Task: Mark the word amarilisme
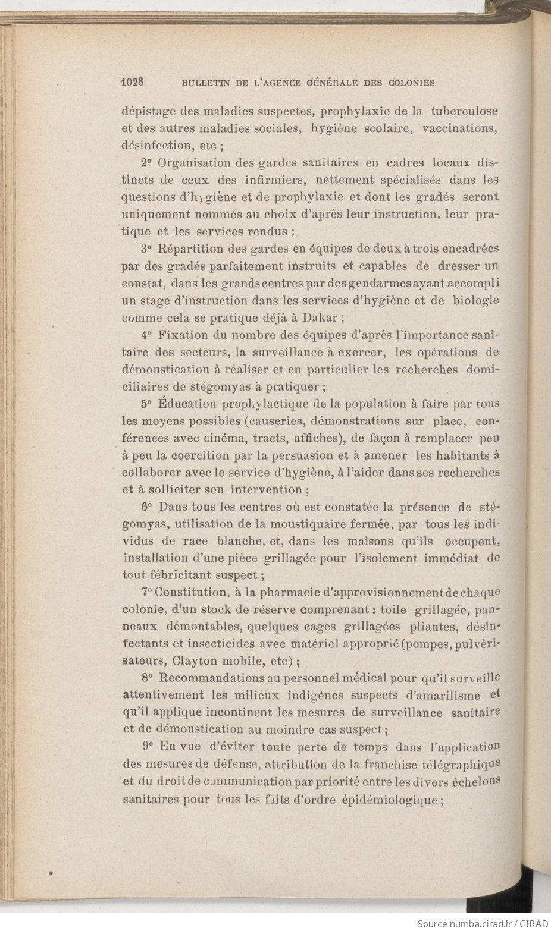pyautogui.click(x=453, y=695)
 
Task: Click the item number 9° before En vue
pyautogui.click(x=149, y=747)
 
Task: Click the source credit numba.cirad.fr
pyautogui.click(x=472, y=923)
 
